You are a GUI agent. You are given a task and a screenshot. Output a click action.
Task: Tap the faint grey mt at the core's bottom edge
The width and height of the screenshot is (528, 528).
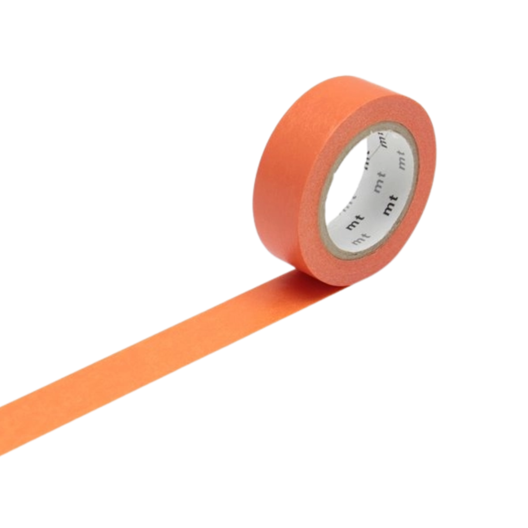coord(360,238)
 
